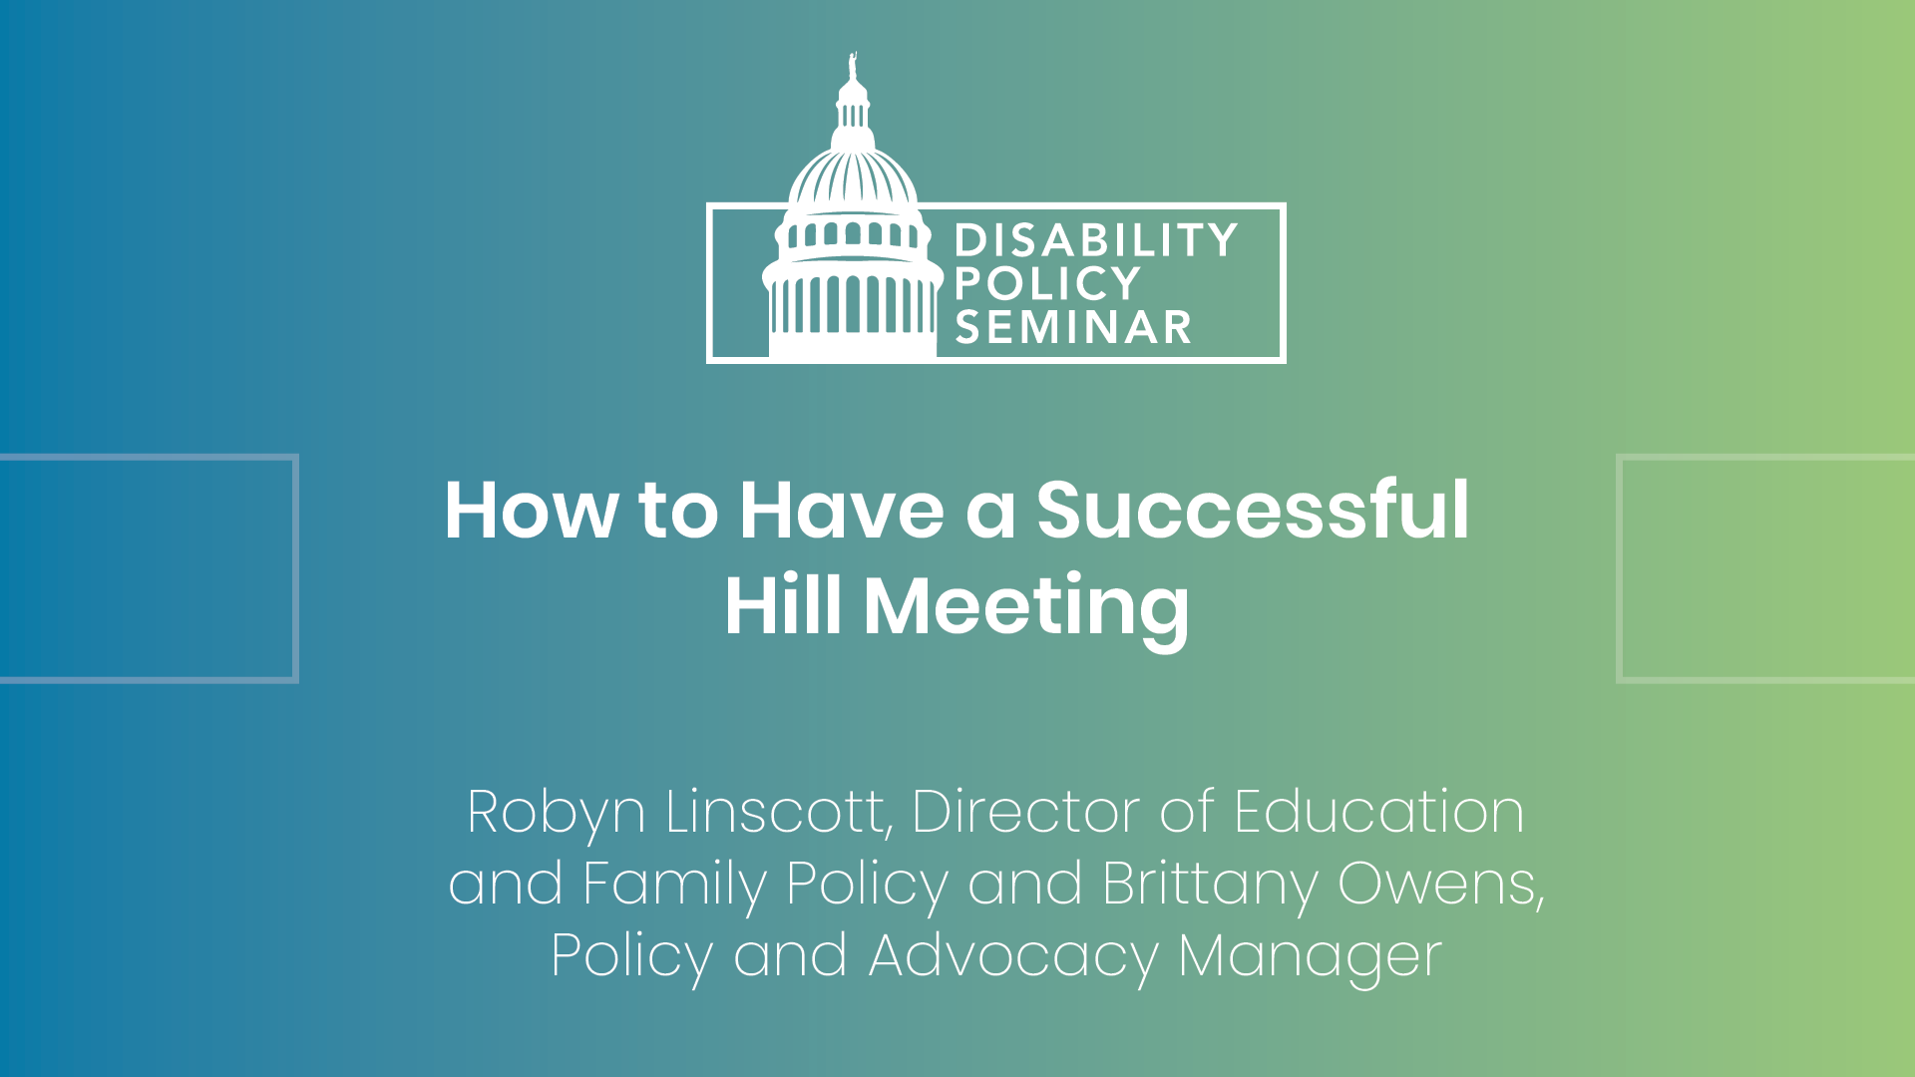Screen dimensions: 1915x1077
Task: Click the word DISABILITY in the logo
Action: click(1096, 241)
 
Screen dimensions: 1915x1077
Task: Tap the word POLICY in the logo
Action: click(1047, 284)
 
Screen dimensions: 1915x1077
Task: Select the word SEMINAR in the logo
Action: click(1073, 327)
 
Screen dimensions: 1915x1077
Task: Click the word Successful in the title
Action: click(1253, 511)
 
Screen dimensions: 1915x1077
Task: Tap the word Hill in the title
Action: click(783, 605)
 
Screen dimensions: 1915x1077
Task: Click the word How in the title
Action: click(532, 511)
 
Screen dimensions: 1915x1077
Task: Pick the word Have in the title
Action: click(842, 511)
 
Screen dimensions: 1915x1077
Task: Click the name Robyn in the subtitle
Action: click(557, 814)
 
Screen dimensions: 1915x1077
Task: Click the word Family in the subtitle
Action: click(674, 886)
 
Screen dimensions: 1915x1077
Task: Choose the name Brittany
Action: click(1210, 886)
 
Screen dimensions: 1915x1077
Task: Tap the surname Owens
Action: click(1441, 885)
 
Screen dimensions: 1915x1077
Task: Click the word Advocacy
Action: click(1013, 957)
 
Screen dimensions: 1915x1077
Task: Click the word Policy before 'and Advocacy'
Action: click(632, 957)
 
